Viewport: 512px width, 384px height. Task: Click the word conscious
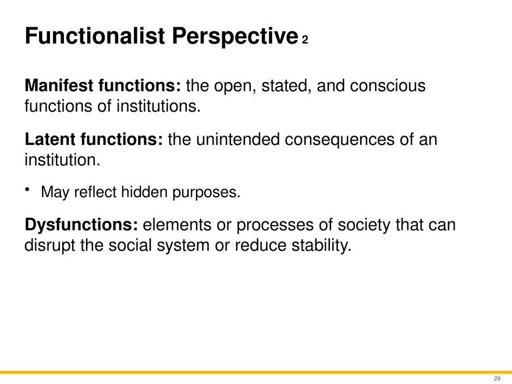[387, 87]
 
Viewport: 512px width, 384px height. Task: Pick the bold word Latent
[48, 140]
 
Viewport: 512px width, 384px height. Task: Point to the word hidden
[145, 192]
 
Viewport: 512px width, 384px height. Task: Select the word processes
[277, 226]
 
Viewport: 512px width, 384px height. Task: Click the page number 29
[496, 379]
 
